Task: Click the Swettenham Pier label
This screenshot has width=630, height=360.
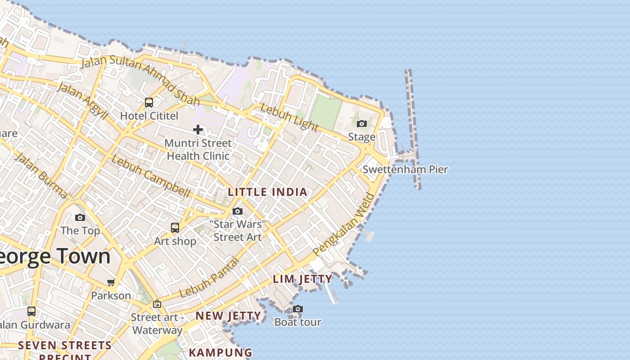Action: tap(405, 170)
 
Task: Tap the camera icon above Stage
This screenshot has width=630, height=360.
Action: tap(362, 124)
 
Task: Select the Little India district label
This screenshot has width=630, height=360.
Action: tap(268, 192)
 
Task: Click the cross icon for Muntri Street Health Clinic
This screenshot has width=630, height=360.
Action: tap(198, 130)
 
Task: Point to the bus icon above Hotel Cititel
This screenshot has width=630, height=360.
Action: tap(149, 103)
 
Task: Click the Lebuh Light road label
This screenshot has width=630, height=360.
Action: tap(289, 117)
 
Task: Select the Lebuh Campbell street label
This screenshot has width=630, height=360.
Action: tap(151, 176)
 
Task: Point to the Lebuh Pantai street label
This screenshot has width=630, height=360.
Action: tap(209, 278)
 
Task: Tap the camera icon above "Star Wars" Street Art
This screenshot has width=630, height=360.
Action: tap(238, 211)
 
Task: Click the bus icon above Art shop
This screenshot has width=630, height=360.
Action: tap(175, 228)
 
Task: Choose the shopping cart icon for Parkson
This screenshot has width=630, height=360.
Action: tap(111, 283)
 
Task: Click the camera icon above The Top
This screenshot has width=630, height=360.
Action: tap(80, 218)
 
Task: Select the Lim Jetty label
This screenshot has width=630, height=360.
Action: tap(303, 279)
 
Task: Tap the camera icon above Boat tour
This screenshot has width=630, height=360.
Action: tap(297, 309)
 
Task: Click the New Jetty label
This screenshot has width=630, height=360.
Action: tap(228, 316)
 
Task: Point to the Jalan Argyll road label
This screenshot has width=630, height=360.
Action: tap(83, 101)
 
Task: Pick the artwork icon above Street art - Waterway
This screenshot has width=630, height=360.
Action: tap(157, 304)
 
